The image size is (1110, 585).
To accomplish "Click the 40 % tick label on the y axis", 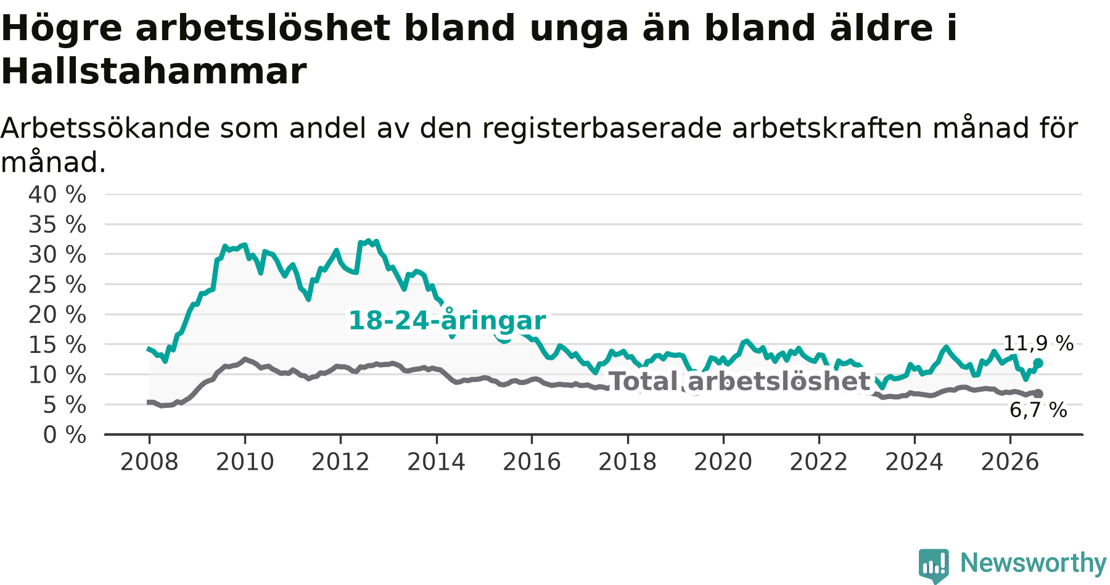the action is click(x=57, y=194).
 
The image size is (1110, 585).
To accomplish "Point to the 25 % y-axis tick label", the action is click(x=57, y=284).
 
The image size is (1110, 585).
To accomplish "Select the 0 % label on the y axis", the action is click(x=65, y=435).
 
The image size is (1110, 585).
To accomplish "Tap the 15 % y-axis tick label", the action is click(x=57, y=345).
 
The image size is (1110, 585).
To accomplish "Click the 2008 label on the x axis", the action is click(x=149, y=462).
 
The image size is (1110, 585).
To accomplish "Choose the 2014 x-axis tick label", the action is click(x=436, y=462).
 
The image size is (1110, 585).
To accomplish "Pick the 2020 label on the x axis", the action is click(x=723, y=462).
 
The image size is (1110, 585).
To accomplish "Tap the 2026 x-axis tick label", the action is click(x=1010, y=462).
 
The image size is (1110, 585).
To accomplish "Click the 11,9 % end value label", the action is click(x=1038, y=344).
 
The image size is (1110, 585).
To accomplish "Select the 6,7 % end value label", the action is click(x=1038, y=410).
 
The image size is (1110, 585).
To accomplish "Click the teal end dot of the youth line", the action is click(x=1038, y=363).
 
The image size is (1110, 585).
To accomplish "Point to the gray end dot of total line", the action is click(x=1038, y=394).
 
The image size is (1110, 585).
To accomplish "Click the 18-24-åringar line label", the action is click(x=447, y=321).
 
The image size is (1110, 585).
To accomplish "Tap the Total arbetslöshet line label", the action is click(x=739, y=381).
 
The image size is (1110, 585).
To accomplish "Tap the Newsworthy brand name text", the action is click(x=1034, y=563).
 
